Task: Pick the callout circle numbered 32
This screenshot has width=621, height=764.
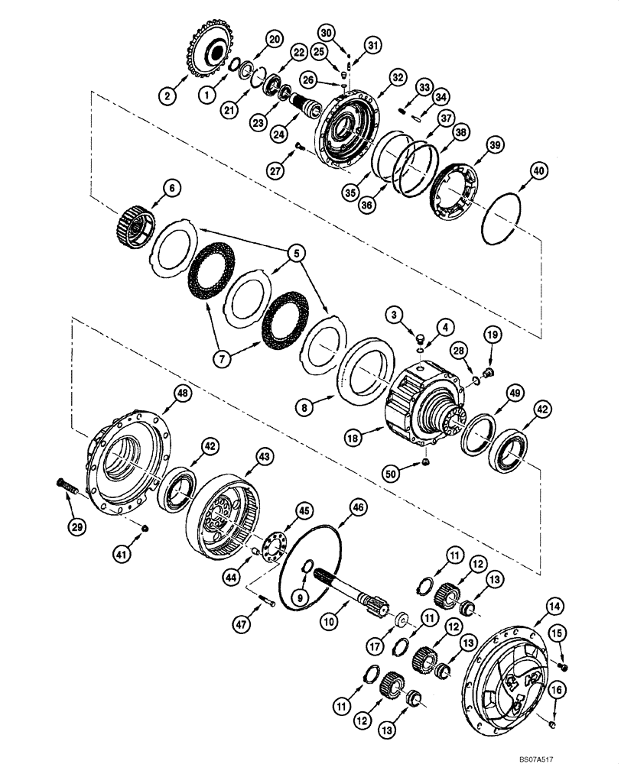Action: pos(395,77)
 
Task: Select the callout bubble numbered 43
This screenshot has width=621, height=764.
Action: pos(264,455)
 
